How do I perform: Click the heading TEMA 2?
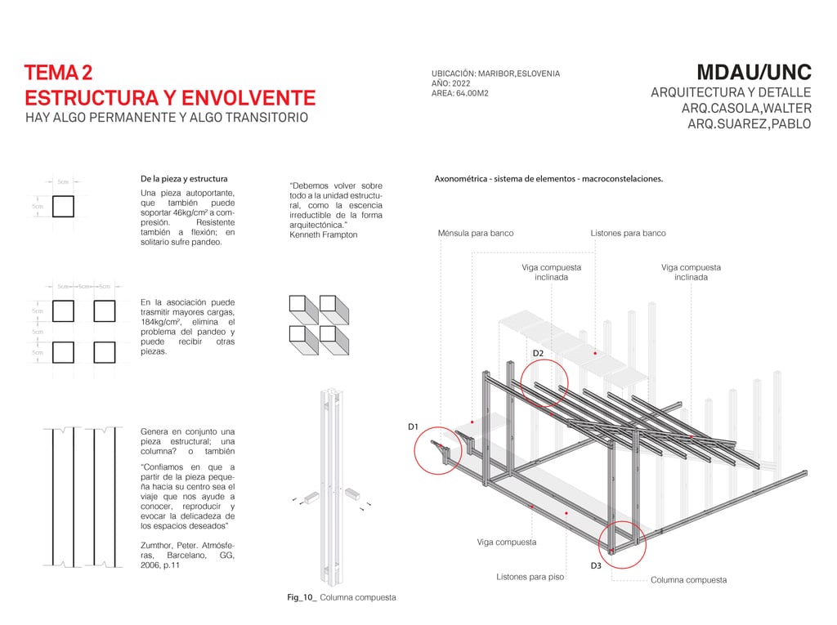tap(58, 74)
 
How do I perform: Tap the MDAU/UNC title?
tap(753, 72)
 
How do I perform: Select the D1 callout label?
tap(413, 426)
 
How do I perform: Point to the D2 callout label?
tap(538, 353)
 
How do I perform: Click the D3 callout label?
tap(596, 565)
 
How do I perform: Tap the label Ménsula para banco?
tap(476, 233)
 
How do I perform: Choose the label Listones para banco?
tap(628, 233)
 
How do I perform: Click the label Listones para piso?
tap(530, 577)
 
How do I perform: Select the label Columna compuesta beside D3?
tap(688, 580)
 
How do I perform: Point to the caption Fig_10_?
tap(302, 597)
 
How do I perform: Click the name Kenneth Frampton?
tap(323, 234)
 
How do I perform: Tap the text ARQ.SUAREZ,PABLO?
tap(749, 124)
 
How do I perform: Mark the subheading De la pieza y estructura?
tap(184, 178)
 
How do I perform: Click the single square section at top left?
tap(63, 206)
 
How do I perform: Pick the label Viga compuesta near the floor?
tap(507, 542)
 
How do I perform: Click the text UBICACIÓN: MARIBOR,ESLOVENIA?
tap(495, 74)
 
